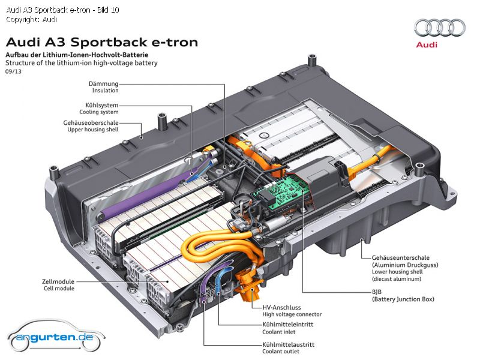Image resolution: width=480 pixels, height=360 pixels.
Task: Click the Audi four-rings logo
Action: click(x=440, y=28)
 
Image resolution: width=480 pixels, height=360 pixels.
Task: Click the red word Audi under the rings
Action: click(x=427, y=44)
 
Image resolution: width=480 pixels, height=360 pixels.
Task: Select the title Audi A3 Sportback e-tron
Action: click(x=102, y=42)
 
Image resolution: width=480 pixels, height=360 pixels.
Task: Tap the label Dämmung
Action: click(x=103, y=83)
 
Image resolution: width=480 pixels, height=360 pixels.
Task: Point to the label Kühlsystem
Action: click(x=101, y=105)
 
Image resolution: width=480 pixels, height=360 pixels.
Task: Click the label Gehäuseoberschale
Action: click(x=91, y=123)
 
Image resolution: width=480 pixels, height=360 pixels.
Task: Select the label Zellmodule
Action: click(x=58, y=281)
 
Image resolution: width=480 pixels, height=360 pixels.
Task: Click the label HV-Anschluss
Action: click(x=281, y=308)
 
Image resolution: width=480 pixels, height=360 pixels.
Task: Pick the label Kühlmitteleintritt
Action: click(x=288, y=325)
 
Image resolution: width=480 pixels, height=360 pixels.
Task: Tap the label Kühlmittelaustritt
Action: click(x=289, y=344)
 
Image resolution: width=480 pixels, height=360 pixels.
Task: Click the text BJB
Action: click(x=377, y=292)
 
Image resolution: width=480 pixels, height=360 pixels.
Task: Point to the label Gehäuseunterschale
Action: click(x=401, y=258)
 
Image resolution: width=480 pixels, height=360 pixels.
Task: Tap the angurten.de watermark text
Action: click(x=55, y=337)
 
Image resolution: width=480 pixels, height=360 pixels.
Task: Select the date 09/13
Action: click(x=13, y=71)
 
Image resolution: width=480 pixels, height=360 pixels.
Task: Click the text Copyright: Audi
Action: click(x=32, y=20)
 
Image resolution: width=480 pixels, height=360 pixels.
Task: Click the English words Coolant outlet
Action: click(x=281, y=352)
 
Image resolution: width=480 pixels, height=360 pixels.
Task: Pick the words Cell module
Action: click(x=59, y=289)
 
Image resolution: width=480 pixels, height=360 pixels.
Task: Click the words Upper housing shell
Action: click(x=93, y=130)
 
